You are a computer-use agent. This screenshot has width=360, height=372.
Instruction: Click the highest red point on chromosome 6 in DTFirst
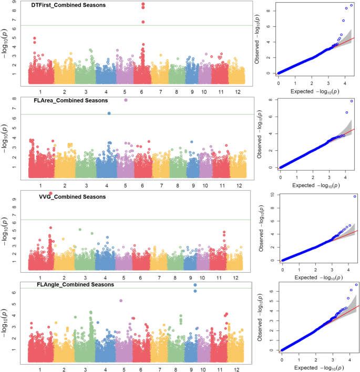[143, 4]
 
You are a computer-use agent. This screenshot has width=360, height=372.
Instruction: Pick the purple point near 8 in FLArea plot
[126, 100]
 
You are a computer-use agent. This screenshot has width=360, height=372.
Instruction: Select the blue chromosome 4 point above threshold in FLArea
[109, 113]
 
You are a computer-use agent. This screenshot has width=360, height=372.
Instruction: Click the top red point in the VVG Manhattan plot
[50, 193]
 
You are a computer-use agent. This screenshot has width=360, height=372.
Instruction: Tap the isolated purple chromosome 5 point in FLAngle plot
[121, 301]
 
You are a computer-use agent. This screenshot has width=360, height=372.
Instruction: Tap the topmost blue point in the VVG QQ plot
[355, 197]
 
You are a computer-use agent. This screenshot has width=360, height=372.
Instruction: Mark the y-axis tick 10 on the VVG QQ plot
[273, 195]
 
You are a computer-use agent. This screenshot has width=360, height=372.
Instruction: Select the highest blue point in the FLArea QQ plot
[352, 101]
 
